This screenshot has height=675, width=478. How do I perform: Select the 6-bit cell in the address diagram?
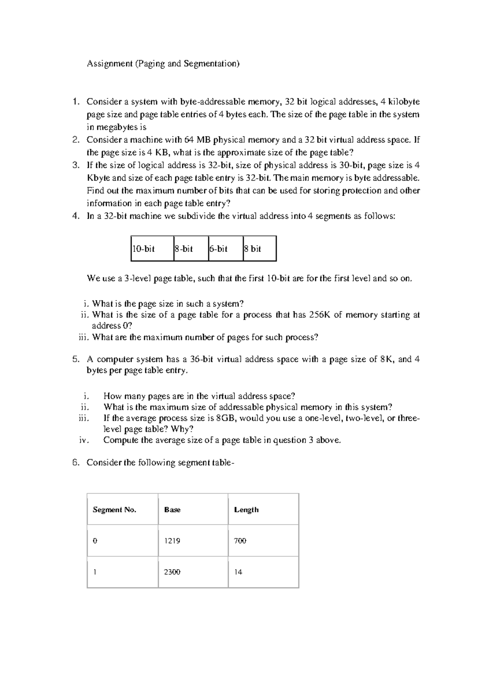coord(219,249)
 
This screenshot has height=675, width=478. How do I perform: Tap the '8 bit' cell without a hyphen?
coord(253,249)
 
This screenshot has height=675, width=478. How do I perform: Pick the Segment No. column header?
coord(114,510)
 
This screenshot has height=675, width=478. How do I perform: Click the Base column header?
coord(172,510)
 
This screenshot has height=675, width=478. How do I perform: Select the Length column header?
coord(246,510)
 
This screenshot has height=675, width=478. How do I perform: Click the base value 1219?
coord(172,541)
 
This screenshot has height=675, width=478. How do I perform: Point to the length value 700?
coord(240,541)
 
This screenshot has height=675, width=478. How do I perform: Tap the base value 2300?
coord(172,572)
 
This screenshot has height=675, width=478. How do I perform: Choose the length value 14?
coord(238,572)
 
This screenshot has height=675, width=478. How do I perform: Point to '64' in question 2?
coord(189,140)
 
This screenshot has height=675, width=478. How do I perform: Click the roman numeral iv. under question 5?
coord(84,440)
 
